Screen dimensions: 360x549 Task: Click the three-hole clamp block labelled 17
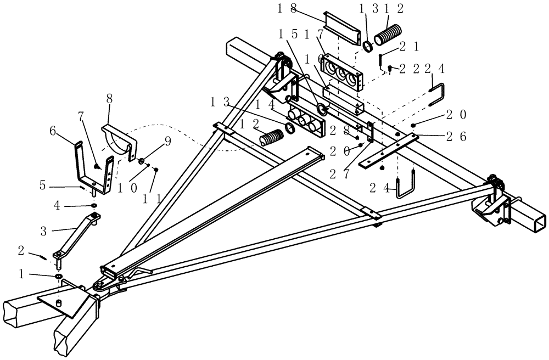(x=344, y=71)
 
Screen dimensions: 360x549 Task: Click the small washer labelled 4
(x=94, y=206)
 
